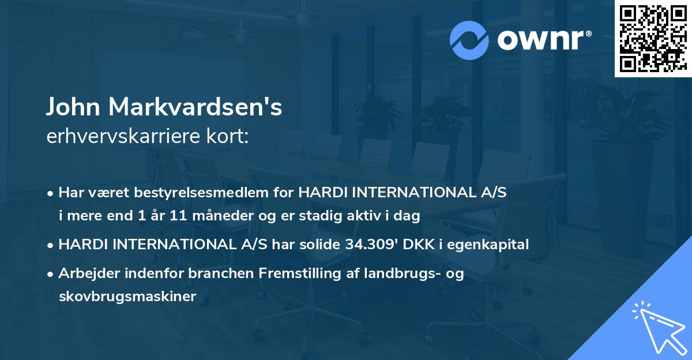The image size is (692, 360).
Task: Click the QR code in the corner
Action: point(653,39)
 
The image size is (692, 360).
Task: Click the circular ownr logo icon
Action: point(469,40)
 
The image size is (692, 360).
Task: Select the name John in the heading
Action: point(74,107)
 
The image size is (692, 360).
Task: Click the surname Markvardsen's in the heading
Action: point(195,107)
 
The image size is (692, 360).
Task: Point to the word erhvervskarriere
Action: point(121,136)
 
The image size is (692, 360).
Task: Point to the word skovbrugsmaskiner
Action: point(127,297)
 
